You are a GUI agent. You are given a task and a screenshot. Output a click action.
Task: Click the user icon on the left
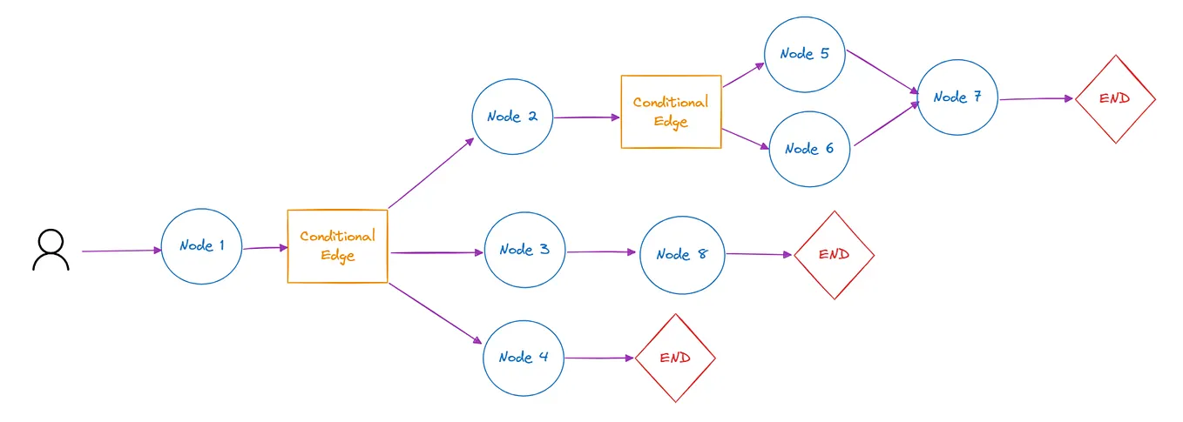[51, 251]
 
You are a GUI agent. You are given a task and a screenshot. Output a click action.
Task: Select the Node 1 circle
[202, 246]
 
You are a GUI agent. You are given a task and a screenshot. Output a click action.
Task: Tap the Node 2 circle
[512, 117]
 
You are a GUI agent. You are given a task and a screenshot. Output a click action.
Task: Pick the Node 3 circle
[524, 251]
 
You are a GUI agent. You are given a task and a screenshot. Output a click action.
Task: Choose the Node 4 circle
[524, 357]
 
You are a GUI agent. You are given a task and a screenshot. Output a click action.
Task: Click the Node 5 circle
[805, 54]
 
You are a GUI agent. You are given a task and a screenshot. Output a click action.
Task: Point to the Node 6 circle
[809, 149]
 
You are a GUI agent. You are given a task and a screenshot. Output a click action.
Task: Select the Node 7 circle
[957, 97]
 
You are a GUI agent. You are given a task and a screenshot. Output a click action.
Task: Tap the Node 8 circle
[682, 254]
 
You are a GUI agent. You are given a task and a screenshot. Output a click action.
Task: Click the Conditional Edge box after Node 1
[337, 246]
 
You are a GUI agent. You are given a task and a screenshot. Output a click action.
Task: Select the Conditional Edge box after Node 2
[671, 112]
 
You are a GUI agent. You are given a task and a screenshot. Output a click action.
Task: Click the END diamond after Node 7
[1114, 99]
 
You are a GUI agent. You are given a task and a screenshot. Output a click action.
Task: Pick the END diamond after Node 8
[834, 255]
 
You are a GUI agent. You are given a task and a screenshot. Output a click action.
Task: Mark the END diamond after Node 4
[675, 358]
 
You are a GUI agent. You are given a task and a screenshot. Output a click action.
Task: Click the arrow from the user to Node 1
[122, 251]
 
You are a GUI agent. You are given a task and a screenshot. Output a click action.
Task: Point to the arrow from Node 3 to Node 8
[602, 251]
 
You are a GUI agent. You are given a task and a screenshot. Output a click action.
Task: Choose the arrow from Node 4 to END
[599, 358]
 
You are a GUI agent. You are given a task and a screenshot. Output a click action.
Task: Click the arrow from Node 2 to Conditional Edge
[586, 117]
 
